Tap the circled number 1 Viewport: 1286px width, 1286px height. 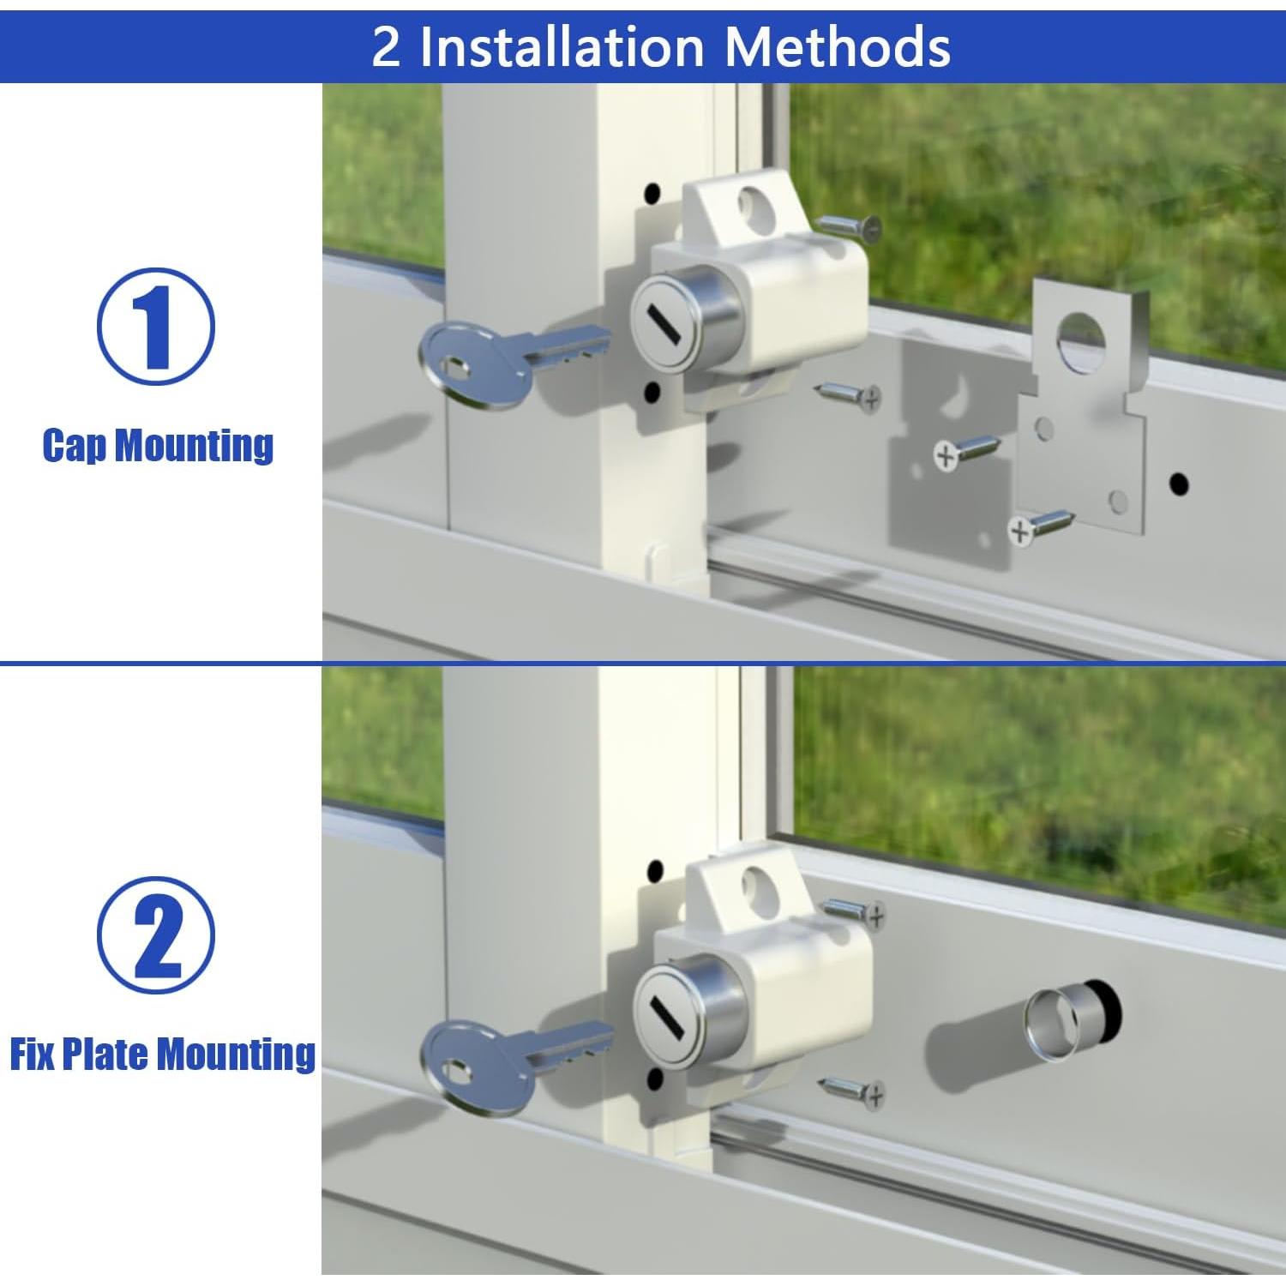pyautogui.click(x=155, y=326)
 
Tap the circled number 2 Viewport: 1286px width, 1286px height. pyautogui.click(x=155, y=936)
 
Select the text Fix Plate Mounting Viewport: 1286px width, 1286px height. pyautogui.click(x=163, y=1054)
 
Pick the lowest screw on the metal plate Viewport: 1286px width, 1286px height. pyautogui.click(x=1041, y=526)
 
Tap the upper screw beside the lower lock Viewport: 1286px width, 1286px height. pyautogui.click(x=854, y=911)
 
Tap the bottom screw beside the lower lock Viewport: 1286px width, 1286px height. pyautogui.click(x=852, y=1091)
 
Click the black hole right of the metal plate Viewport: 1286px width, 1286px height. pyautogui.click(x=1180, y=484)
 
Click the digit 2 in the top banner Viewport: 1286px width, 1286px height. pyautogui.click(x=386, y=46)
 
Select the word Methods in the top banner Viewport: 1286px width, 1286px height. pyautogui.click(x=838, y=45)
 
